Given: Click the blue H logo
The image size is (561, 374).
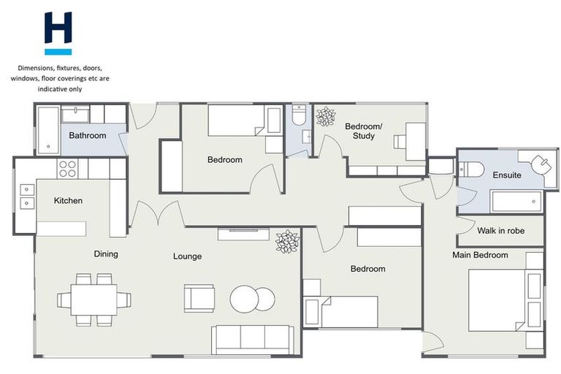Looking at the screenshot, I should point(58,33).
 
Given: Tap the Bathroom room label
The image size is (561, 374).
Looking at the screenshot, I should point(88,135).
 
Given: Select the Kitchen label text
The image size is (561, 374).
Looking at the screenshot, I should point(68,200).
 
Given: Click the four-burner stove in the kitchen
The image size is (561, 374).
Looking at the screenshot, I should point(67,169).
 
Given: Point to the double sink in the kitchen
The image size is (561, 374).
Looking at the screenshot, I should point(26,194).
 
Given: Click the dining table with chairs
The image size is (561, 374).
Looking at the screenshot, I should point(94,299).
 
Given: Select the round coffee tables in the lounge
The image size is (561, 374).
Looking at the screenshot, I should point(253,298).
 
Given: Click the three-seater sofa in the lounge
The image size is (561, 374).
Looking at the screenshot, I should point(252,339).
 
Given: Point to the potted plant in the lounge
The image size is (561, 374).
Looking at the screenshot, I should point(287,241).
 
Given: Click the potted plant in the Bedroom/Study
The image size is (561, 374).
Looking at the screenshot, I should point(325,116).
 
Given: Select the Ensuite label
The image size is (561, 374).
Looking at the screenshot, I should point(507,175).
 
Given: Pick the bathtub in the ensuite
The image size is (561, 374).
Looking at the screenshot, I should point(516,201).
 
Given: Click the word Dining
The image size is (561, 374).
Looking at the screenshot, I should point(106,254).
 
